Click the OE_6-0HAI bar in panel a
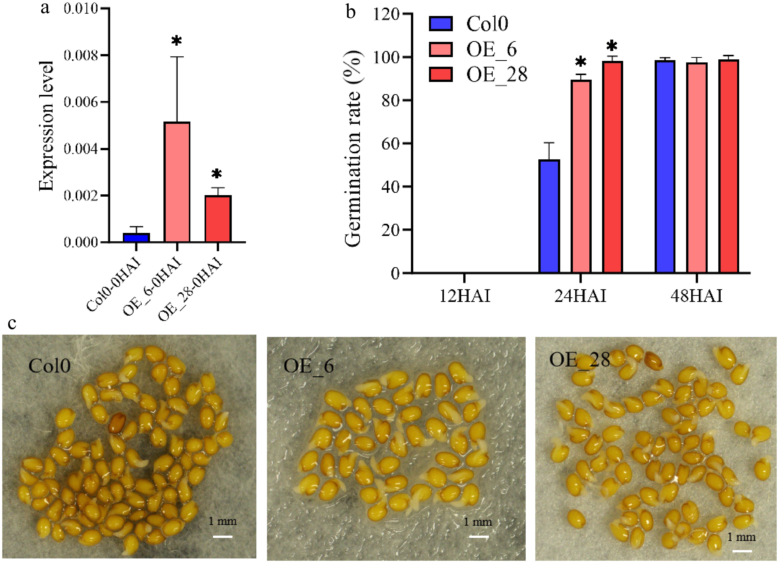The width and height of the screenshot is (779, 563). click(177, 182)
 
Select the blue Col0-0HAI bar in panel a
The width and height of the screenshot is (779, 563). click(136, 237)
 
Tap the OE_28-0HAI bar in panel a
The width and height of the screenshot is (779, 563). click(218, 219)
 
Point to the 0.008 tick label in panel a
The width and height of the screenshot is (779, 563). click(80, 55)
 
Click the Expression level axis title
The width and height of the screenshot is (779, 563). click(46, 126)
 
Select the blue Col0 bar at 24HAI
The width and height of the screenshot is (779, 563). click(549, 216)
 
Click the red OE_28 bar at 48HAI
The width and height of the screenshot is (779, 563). click(728, 166)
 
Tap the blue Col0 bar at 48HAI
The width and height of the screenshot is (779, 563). click(665, 167)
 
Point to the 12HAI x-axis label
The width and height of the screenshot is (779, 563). click(465, 296)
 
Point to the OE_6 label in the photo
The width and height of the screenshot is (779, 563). click(308, 366)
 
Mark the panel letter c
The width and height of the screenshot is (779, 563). click(12, 323)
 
